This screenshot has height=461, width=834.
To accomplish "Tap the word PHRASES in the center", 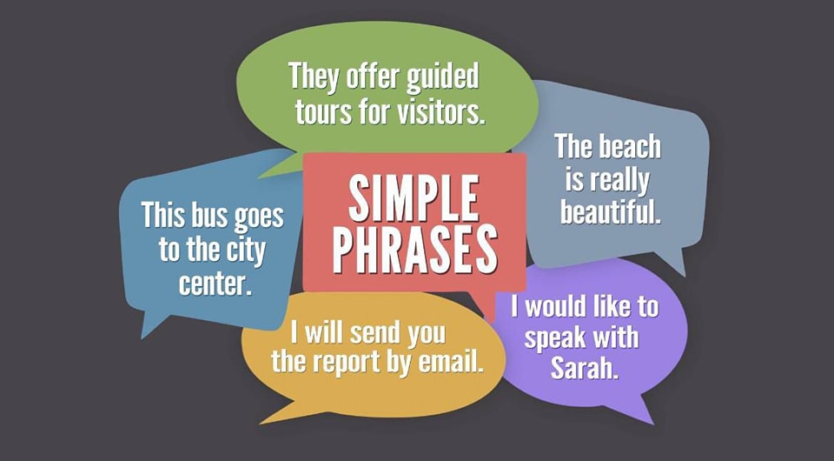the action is [x=415, y=251].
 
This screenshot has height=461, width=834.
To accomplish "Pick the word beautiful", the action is [x=611, y=211].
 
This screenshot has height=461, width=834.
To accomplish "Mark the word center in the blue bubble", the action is [x=215, y=284].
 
